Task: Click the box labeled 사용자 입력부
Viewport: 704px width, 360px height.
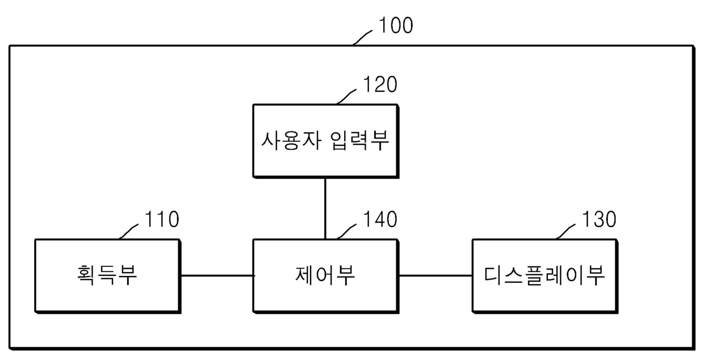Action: tap(325, 159)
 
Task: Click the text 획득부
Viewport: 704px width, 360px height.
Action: tap(107, 275)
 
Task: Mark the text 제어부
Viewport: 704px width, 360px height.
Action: tap(325, 275)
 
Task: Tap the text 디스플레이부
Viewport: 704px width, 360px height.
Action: tap(544, 275)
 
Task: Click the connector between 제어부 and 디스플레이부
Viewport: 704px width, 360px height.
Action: tap(435, 275)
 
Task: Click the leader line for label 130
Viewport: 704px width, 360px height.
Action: tap(566, 231)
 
